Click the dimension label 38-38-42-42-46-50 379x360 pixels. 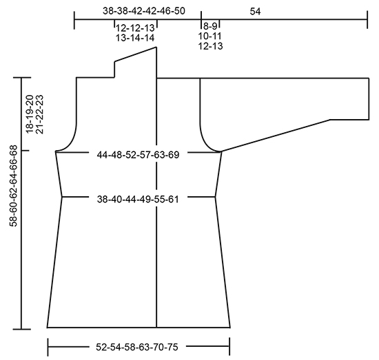[x=144, y=11]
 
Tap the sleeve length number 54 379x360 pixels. [x=255, y=11]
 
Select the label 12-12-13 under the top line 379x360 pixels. [x=135, y=28]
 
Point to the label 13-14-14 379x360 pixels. [x=135, y=38]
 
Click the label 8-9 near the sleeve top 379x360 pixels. [x=210, y=26]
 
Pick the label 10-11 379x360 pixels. [x=209, y=36]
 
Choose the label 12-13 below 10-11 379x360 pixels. [x=210, y=46]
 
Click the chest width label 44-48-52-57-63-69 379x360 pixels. [x=138, y=155]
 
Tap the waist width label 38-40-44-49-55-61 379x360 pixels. [x=138, y=200]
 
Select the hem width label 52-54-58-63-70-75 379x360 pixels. [x=137, y=347]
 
